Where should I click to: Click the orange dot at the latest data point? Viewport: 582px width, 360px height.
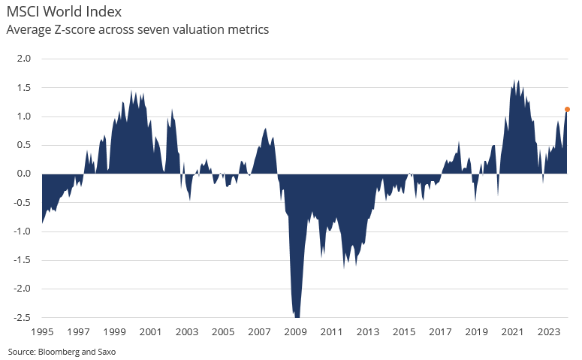567,109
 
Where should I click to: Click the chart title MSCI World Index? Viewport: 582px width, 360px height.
64,12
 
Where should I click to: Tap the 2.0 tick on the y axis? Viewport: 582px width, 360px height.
24,59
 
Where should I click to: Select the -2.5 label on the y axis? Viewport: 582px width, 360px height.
23,317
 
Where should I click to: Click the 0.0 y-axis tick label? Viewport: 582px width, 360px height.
24,174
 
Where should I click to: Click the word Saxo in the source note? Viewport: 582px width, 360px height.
106,351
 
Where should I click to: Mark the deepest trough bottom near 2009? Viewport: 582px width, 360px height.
297,316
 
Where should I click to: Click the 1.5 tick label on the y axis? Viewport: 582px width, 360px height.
24,88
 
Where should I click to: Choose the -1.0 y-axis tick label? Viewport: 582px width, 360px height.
23,231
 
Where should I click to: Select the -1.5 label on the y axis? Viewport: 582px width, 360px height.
23,260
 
